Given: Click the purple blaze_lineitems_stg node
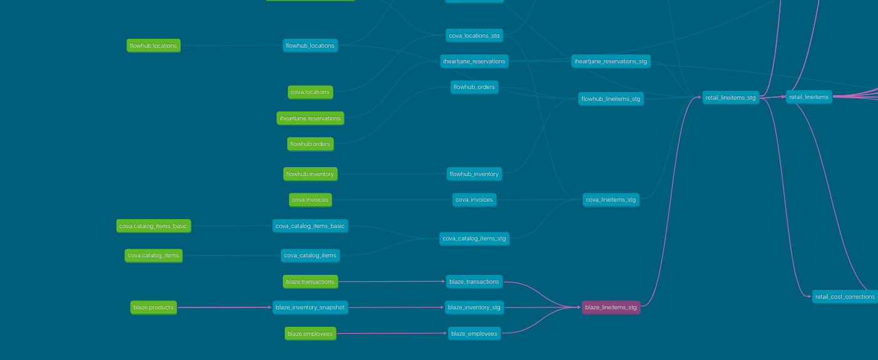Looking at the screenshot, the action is point(611,307).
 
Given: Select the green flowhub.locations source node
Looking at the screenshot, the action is point(153,46).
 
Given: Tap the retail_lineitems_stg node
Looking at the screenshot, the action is point(730,98).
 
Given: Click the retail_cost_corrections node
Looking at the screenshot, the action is point(845,297).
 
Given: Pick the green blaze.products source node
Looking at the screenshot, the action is point(153,307).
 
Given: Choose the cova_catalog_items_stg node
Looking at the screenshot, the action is point(474,239).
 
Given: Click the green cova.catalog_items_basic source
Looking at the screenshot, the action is point(153,226).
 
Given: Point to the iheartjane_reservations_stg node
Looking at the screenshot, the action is point(611,61).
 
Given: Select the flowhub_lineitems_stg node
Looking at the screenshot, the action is point(611,99).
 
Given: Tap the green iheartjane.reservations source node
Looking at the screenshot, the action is point(310,118).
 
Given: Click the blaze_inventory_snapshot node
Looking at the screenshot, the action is point(310,307).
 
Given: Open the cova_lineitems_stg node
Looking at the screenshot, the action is point(611,200).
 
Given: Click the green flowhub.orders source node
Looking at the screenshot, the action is point(310,144).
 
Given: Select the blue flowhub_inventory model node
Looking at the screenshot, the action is point(474,173).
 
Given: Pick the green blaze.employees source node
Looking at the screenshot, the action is point(310,334).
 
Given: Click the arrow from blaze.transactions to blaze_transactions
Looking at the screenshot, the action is point(392,282).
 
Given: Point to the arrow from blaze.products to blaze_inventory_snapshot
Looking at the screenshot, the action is point(225,307).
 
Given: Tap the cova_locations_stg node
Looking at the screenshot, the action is point(474,35).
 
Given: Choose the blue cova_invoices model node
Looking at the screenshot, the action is point(474,200).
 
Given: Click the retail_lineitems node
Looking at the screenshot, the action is point(809,97).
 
